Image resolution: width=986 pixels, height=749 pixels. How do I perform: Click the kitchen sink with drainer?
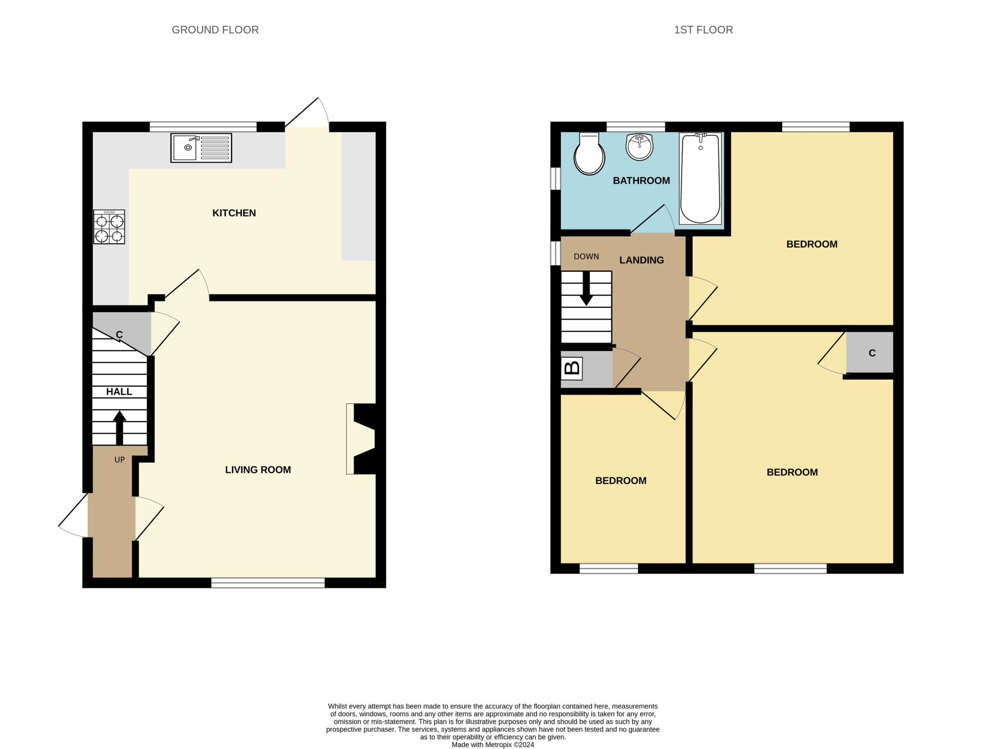click(201, 147)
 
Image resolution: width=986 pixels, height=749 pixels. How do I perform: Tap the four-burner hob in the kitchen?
click(109, 227)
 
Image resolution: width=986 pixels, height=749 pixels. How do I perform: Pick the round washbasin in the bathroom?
click(639, 146)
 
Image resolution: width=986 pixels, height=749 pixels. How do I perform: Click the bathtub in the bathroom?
click(700, 178)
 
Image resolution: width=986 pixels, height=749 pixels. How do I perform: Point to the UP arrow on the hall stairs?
click(119, 427)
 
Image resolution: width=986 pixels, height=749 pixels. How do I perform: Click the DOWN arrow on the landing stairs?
click(586, 288)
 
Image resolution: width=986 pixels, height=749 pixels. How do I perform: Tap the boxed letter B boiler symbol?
click(572, 368)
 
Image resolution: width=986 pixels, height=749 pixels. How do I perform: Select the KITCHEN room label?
click(234, 213)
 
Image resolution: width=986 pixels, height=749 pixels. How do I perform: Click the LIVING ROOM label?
click(258, 469)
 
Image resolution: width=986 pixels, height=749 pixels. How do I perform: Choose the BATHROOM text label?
click(641, 181)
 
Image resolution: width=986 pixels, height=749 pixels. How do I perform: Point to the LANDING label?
click(642, 260)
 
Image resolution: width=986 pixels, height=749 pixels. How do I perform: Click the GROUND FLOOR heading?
click(215, 30)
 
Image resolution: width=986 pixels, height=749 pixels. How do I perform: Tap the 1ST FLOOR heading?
click(703, 30)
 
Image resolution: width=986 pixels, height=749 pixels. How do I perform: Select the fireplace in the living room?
click(361, 439)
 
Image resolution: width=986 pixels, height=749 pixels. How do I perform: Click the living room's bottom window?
click(268, 583)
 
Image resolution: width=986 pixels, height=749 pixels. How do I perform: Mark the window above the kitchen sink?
click(203, 127)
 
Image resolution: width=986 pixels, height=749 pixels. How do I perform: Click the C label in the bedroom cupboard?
click(872, 353)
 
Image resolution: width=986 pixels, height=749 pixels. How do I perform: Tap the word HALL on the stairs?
click(119, 391)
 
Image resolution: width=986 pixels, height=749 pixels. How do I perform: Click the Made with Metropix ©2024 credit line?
click(493, 744)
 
